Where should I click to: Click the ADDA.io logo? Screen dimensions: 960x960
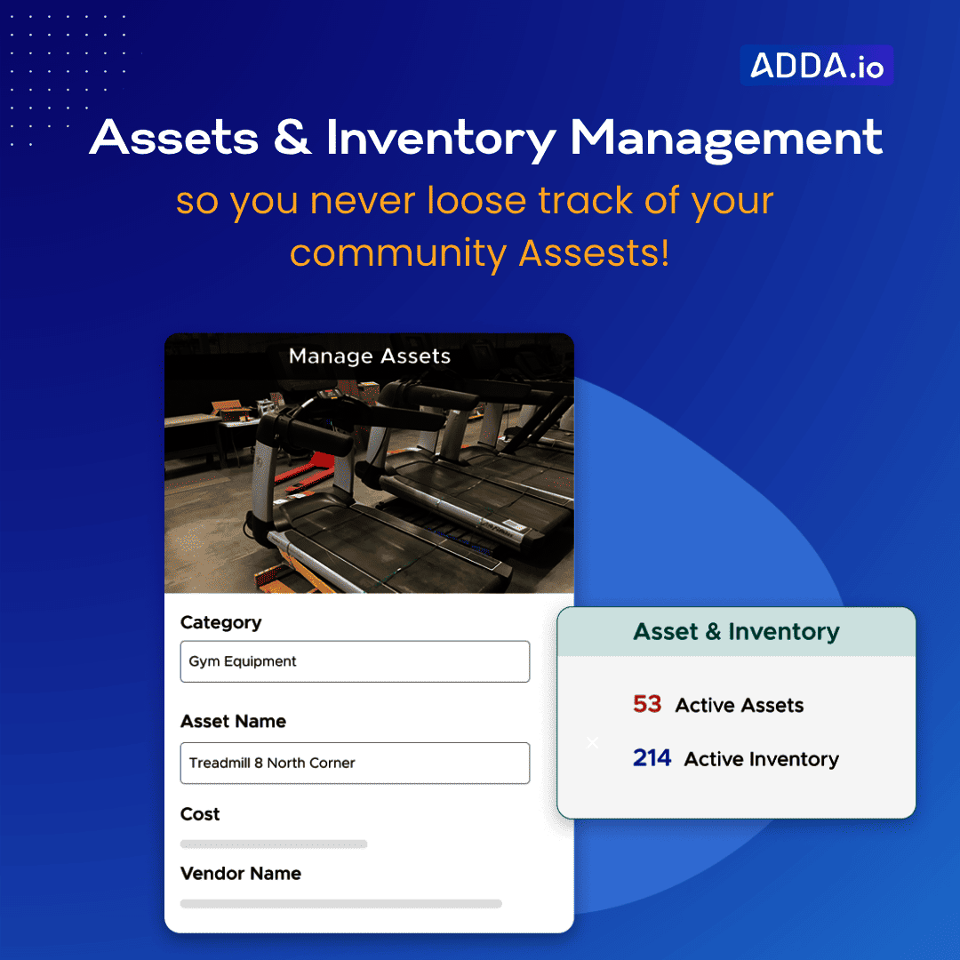coord(817,65)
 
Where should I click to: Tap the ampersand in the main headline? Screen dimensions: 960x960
coord(292,136)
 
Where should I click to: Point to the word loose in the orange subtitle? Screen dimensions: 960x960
coord(476,200)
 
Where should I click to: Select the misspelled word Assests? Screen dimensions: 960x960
coord(594,252)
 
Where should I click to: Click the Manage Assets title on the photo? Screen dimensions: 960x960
coord(369,356)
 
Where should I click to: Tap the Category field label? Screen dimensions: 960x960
coord(220,622)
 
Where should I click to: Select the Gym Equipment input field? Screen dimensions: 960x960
coord(355,661)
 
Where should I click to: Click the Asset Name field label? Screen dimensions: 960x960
coord(233,721)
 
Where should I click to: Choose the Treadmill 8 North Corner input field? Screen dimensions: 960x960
coord(355,763)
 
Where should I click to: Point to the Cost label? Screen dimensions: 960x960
coord(200,814)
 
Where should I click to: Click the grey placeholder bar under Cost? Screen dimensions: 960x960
coord(273,844)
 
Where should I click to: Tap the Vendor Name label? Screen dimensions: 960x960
coord(240,873)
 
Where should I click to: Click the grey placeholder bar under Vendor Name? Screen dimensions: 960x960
coord(340,904)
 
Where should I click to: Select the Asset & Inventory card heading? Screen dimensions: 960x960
coord(736,632)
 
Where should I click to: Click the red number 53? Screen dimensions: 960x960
coord(647,704)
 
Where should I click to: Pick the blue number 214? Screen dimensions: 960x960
coord(652,758)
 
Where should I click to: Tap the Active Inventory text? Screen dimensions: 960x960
coord(761,759)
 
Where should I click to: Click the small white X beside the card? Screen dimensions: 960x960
coord(593,742)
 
